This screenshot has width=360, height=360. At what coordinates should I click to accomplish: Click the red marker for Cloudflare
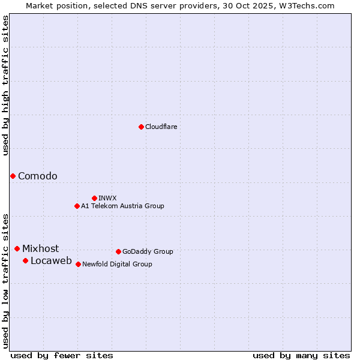[141, 127]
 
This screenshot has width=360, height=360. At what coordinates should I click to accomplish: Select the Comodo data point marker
[13, 176]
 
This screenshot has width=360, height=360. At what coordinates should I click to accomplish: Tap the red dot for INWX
[94, 198]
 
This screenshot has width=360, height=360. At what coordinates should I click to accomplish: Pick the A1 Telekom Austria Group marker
[77, 206]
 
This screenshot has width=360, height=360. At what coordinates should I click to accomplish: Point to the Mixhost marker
[17, 248]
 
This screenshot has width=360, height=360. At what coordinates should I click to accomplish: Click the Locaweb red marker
[25, 260]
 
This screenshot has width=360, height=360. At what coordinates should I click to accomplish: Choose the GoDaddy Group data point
[118, 251]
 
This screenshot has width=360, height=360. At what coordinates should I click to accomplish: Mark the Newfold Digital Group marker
[78, 264]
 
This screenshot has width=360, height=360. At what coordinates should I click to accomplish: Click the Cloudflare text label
[161, 127]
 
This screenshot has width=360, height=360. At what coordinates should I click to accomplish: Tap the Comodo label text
[38, 176]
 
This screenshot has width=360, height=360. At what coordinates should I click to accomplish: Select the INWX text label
[107, 198]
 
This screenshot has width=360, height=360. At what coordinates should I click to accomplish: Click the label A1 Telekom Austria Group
[122, 206]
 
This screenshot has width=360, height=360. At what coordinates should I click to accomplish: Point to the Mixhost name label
[41, 248]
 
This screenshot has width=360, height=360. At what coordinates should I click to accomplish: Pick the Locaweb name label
[51, 260]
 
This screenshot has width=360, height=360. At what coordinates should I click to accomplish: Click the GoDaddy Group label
[148, 251]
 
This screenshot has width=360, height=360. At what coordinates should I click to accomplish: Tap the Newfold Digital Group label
[117, 264]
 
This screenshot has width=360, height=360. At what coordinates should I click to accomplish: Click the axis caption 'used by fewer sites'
[62, 355]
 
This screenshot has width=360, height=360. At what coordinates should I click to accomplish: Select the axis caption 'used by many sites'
[301, 355]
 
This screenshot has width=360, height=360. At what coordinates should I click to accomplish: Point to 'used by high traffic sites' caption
[5, 86]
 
